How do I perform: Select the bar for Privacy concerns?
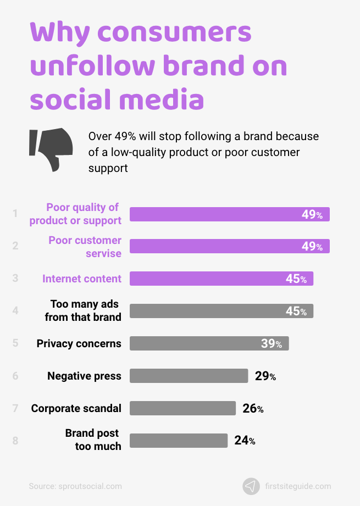coord(209,343)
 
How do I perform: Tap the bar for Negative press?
coord(189,376)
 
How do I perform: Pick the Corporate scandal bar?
coord(182,408)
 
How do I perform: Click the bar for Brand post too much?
coord(178,441)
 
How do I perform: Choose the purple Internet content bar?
coord(221,279)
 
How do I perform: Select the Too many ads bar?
coord(221,311)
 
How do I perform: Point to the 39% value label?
coord(272,344)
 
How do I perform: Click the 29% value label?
coord(265,376)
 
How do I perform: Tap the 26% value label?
coord(253,409)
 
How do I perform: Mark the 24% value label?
coord(245,441)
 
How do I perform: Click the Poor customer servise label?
coord(85,247)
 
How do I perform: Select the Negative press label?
coord(84,376)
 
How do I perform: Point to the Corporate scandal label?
coord(76,409)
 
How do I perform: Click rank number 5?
coord(15,343)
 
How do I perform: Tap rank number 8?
coord(15,441)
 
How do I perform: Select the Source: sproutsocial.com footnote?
coord(75,486)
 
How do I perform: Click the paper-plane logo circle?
coord(251,486)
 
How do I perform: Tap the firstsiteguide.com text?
coord(298,486)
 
